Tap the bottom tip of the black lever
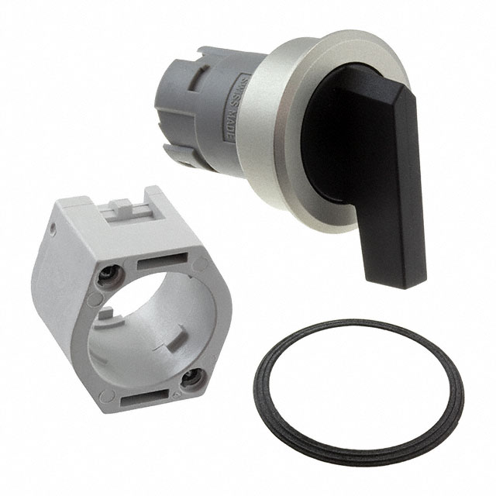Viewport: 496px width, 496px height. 396,284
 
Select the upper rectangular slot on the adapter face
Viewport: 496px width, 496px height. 162,260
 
